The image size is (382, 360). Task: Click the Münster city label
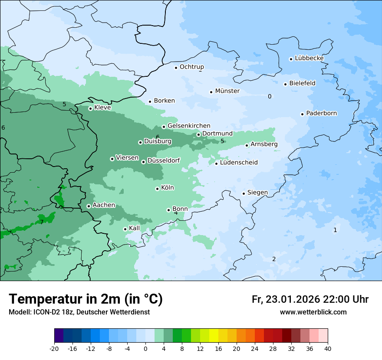click(227, 91)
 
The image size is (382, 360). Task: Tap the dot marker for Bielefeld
click(286, 84)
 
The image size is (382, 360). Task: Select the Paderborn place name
click(321, 113)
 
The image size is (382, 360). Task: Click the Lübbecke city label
click(309, 58)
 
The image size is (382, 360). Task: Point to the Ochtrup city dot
click(176, 67)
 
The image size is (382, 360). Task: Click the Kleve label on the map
click(102, 108)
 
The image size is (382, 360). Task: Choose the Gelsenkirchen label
click(189, 126)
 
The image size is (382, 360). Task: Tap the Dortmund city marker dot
click(199, 134)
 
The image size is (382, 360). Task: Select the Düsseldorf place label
click(163, 160)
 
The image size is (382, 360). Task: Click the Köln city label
click(167, 188)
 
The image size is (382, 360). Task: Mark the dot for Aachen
click(89, 206)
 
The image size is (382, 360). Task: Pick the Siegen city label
click(257, 193)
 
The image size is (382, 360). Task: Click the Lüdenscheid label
click(239, 163)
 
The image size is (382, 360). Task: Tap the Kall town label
click(135, 228)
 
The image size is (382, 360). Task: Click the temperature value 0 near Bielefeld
click(270, 96)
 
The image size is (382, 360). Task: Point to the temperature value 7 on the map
click(42, 222)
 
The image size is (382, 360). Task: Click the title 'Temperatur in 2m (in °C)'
click(86, 299)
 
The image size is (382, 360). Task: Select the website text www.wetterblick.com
click(313, 312)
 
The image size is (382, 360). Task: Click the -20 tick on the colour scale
click(54, 348)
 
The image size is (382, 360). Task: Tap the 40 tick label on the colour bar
click(328, 348)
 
